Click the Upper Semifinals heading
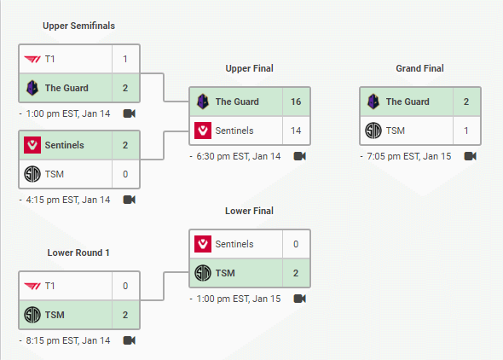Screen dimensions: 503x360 (x=79, y=26)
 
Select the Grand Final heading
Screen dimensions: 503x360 (x=420, y=68)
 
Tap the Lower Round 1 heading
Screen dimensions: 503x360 (x=78, y=253)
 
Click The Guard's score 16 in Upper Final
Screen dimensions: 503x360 (x=296, y=102)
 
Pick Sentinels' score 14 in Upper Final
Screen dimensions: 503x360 (x=296, y=131)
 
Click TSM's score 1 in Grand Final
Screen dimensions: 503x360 (x=466, y=131)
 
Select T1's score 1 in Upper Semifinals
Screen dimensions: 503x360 (x=125, y=59)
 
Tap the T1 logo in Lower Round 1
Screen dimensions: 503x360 (x=32, y=286)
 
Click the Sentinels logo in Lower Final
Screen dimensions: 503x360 (x=203, y=244)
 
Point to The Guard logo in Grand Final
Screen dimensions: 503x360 (x=373, y=102)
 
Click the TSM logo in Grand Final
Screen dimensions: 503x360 (x=373, y=131)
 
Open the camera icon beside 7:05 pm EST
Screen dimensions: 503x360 (x=471, y=156)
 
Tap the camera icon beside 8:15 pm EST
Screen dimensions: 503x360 (x=130, y=340)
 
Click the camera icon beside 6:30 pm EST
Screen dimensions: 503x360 (x=300, y=156)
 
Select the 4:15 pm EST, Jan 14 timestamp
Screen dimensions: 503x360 (x=68, y=200)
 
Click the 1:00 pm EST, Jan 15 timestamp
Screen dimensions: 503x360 (x=239, y=299)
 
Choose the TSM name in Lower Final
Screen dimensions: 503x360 (x=225, y=273)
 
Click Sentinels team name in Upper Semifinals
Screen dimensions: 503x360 (x=65, y=145)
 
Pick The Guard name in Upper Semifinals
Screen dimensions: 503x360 (x=66, y=88)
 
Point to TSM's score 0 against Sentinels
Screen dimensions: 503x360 (x=125, y=174)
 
